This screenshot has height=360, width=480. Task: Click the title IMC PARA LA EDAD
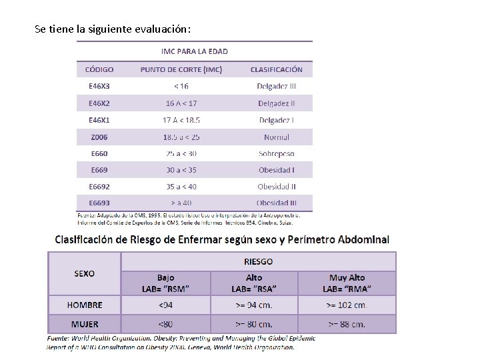195,51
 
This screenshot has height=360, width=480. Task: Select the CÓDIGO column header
99,69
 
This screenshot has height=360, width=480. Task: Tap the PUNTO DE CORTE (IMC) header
181,69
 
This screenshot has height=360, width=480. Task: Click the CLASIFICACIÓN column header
276,69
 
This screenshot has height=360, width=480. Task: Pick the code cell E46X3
99,86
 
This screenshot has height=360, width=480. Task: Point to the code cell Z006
99,137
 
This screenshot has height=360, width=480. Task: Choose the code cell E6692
99,187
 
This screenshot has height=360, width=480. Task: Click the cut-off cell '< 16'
181,86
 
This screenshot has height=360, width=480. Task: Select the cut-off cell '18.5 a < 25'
181,137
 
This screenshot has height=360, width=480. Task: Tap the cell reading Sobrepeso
276,153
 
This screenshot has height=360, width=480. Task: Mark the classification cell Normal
276,137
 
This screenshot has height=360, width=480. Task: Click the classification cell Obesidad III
276,203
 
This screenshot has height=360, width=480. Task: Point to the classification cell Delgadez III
276,86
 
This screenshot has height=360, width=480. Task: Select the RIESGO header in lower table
257,261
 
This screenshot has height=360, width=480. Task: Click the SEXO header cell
84,273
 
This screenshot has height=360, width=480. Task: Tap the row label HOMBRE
85,305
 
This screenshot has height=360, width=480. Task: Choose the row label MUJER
85,325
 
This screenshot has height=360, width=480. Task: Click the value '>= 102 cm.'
347,305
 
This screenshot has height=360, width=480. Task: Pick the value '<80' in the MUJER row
165,325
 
